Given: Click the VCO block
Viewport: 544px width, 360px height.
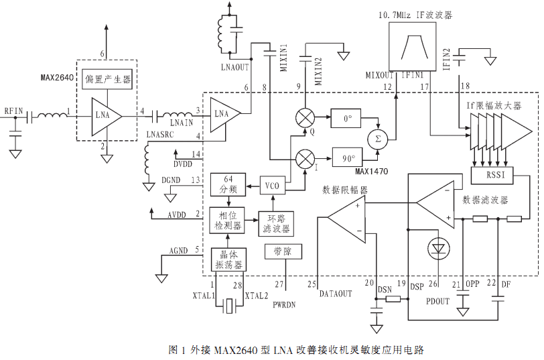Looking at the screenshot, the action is [x=273, y=186].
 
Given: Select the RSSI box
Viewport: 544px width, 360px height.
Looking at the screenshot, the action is [x=492, y=175].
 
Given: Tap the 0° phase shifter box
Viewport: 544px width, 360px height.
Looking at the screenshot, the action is [x=346, y=119].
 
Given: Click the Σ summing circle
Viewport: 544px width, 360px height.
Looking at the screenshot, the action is [x=378, y=139].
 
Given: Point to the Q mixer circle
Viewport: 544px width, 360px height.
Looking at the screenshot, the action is [x=305, y=118].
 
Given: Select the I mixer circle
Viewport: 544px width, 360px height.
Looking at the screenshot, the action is [x=305, y=160].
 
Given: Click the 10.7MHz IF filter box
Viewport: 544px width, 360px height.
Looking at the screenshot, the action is [x=412, y=47].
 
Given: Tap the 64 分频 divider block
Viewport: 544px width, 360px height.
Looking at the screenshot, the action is [x=228, y=184].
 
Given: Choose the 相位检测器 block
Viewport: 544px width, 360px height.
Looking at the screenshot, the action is [x=228, y=221].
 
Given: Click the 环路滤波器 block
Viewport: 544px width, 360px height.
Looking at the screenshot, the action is [x=276, y=224].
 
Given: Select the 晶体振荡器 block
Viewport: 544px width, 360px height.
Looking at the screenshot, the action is [x=228, y=259].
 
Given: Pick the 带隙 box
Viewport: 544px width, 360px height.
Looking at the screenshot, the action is [x=283, y=251].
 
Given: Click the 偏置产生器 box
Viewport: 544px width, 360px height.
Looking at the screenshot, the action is [x=107, y=80].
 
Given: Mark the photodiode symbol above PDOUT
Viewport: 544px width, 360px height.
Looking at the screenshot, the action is [x=439, y=249].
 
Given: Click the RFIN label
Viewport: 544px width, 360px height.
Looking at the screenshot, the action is [x=13, y=111].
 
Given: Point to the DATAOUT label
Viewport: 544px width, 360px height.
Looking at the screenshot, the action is [x=336, y=294].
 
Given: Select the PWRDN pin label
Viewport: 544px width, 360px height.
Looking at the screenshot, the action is [x=284, y=305].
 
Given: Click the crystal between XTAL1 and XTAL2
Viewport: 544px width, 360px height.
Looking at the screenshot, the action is [x=229, y=306].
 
